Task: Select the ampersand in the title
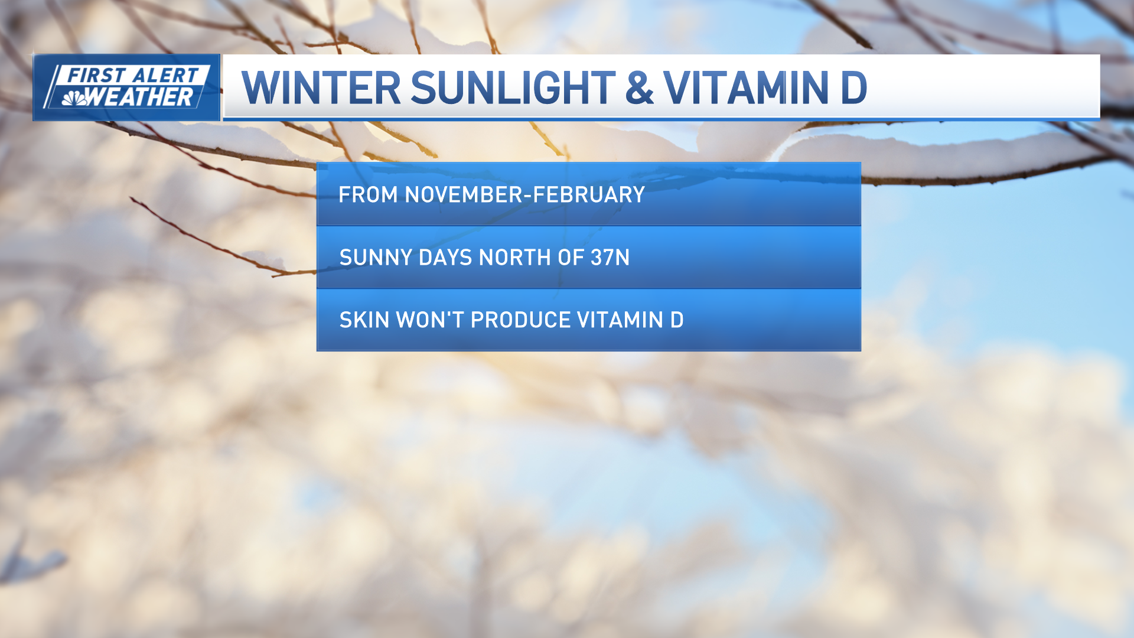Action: (x=639, y=88)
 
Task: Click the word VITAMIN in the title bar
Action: (x=747, y=88)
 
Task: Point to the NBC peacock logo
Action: (x=74, y=98)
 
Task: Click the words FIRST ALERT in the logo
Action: (x=132, y=76)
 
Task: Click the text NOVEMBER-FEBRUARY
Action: (x=524, y=195)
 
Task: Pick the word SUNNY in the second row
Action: (x=376, y=258)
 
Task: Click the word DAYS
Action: (x=445, y=258)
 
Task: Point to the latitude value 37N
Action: (x=610, y=258)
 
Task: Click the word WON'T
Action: (x=430, y=320)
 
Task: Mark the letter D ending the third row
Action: (x=677, y=320)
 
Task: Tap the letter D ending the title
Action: (x=853, y=88)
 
